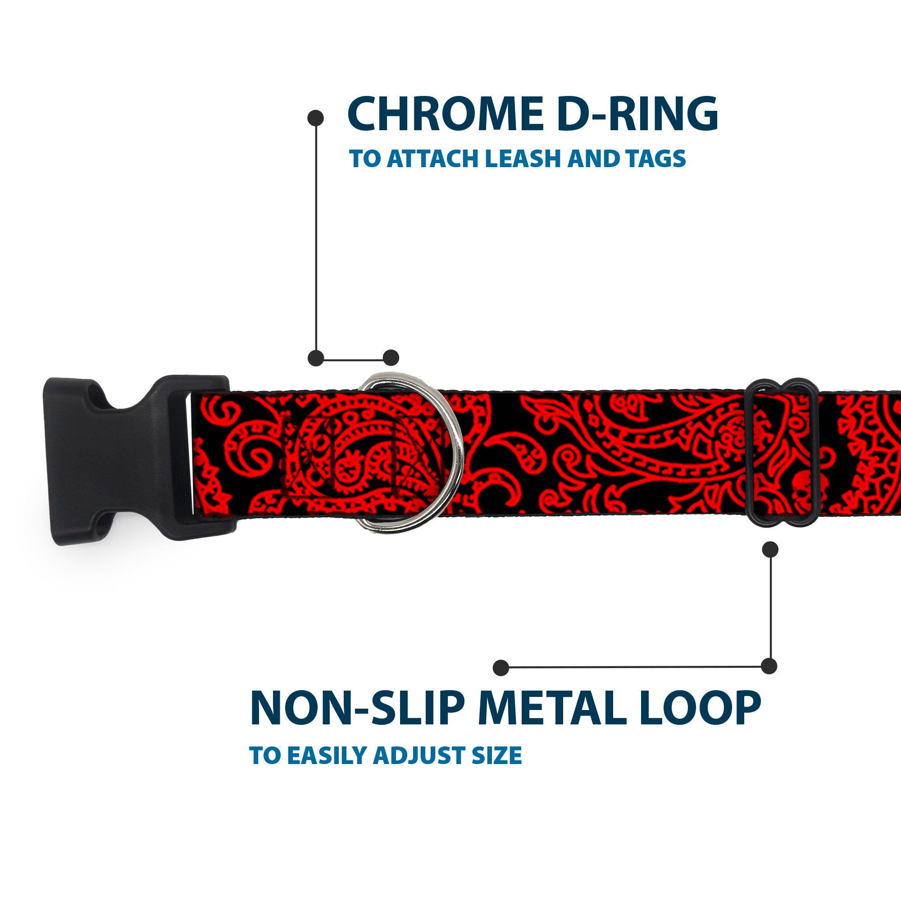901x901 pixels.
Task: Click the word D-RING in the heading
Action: tap(637, 114)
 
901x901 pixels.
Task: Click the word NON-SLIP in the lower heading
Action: tap(357, 708)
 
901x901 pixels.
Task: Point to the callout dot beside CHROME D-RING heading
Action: tap(316, 118)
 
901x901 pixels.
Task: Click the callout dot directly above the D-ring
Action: tap(391, 358)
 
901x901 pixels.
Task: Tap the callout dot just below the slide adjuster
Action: tap(770, 549)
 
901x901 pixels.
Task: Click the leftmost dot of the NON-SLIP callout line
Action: tap(501, 667)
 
